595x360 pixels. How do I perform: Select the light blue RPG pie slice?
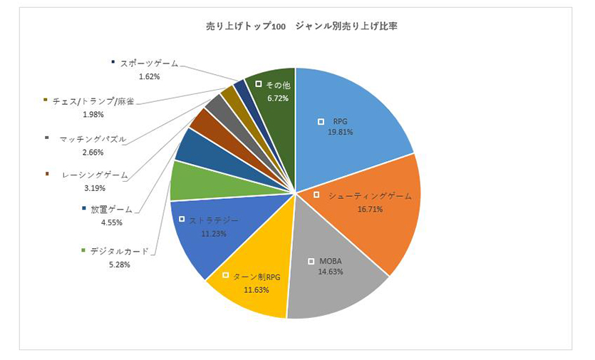(356, 107)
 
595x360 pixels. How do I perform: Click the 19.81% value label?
(340, 132)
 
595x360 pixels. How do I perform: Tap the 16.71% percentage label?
(371, 210)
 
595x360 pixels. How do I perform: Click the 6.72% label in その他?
(277, 98)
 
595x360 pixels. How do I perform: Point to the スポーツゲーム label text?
(149, 63)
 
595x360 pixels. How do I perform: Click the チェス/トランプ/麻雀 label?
(93, 101)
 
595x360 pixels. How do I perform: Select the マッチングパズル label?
(93, 139)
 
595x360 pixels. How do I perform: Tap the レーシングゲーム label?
(95, 175)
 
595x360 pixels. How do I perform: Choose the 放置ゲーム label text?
(111, 210)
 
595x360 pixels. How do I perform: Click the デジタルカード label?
(120, 251)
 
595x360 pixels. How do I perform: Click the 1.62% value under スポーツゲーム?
(149, 76)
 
